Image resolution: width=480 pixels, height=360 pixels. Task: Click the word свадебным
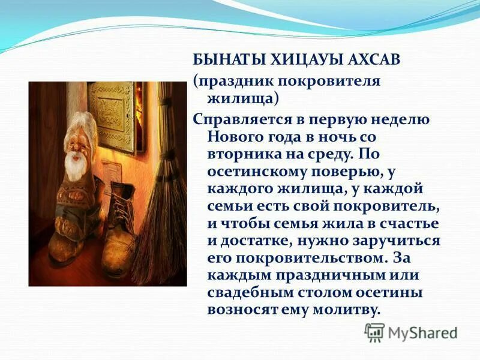(252, 293)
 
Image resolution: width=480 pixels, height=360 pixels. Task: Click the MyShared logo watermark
(411, 332)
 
